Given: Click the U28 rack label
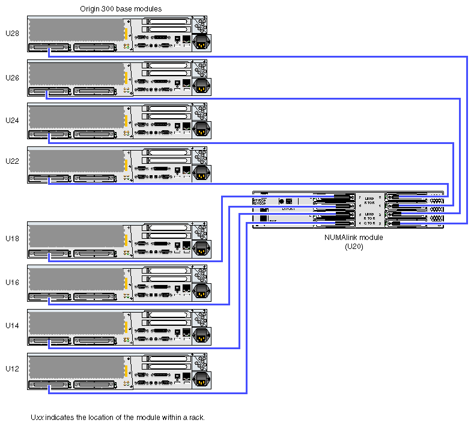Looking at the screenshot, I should [x=12, y=34].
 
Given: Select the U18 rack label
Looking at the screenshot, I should [x=12, y=239].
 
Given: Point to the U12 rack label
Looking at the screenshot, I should [x=12, y=368].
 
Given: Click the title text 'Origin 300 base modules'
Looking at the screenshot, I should [x=121, y=9].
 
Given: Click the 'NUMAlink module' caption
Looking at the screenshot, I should [x=353, y=238].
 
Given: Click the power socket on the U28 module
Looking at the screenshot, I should [x=201, y=42].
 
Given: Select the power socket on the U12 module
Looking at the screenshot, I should [x=201, y=377].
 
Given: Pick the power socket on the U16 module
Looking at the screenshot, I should [x=201, y=291].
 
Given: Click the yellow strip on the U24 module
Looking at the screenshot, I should [x=126, y=121].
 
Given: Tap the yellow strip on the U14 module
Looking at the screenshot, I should [x=126, y=326].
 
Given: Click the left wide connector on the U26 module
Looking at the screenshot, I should [x=47, y=92].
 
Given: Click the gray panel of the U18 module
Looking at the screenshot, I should [x=77, y=235].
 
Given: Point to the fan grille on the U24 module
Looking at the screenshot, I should [x=200, y=112].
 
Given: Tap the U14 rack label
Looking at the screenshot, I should [x=12, y=325].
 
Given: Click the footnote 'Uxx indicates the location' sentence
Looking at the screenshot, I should [x=118, y=416].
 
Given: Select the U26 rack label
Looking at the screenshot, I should [x=12, y=77].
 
